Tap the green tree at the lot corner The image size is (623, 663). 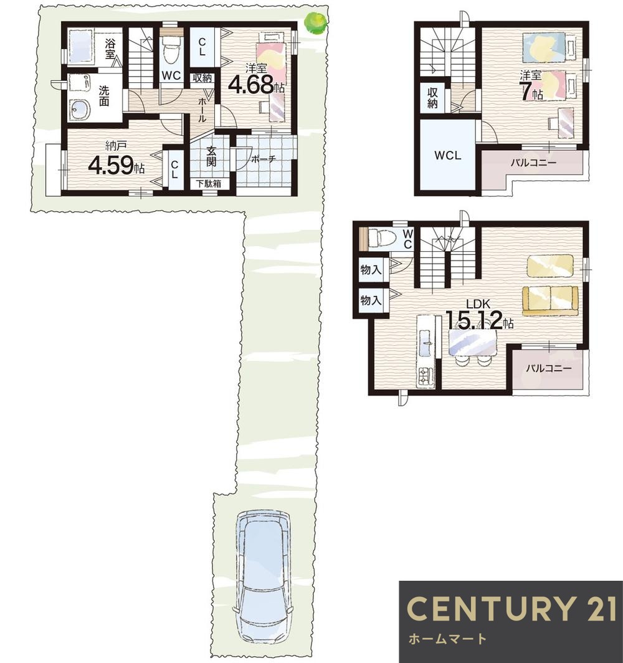(x=316, y=22)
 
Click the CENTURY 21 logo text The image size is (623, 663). (x=511, y=609)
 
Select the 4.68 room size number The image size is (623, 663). (x=251, y=85)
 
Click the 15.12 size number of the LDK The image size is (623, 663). (x=474, y=320)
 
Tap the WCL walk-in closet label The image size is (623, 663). (x=447, y=156)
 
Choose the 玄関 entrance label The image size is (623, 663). (x=211, y=156)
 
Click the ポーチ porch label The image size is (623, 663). (x=264, y=159)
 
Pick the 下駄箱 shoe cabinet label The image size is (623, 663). (x=208, y=184)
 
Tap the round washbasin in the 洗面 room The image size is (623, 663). (x=80, y=110)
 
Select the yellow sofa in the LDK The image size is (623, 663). (x=550, y=300)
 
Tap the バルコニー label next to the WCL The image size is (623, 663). (x=533, y=163)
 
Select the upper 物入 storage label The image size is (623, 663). (x=371, y=269)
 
